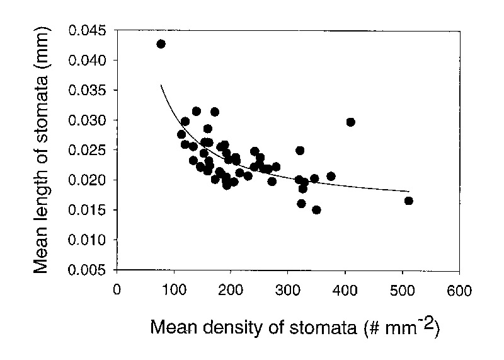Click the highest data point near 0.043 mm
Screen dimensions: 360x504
click(x=161, y=44)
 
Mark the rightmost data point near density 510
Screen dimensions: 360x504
click(x=408, y=200)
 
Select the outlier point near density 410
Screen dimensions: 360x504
click(x=351, y=122)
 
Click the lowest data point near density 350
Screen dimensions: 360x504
click(x=316, y=210)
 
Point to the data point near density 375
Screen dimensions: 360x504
click(x=331, y=177)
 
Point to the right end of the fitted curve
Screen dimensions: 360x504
click(x=409, y=190)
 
